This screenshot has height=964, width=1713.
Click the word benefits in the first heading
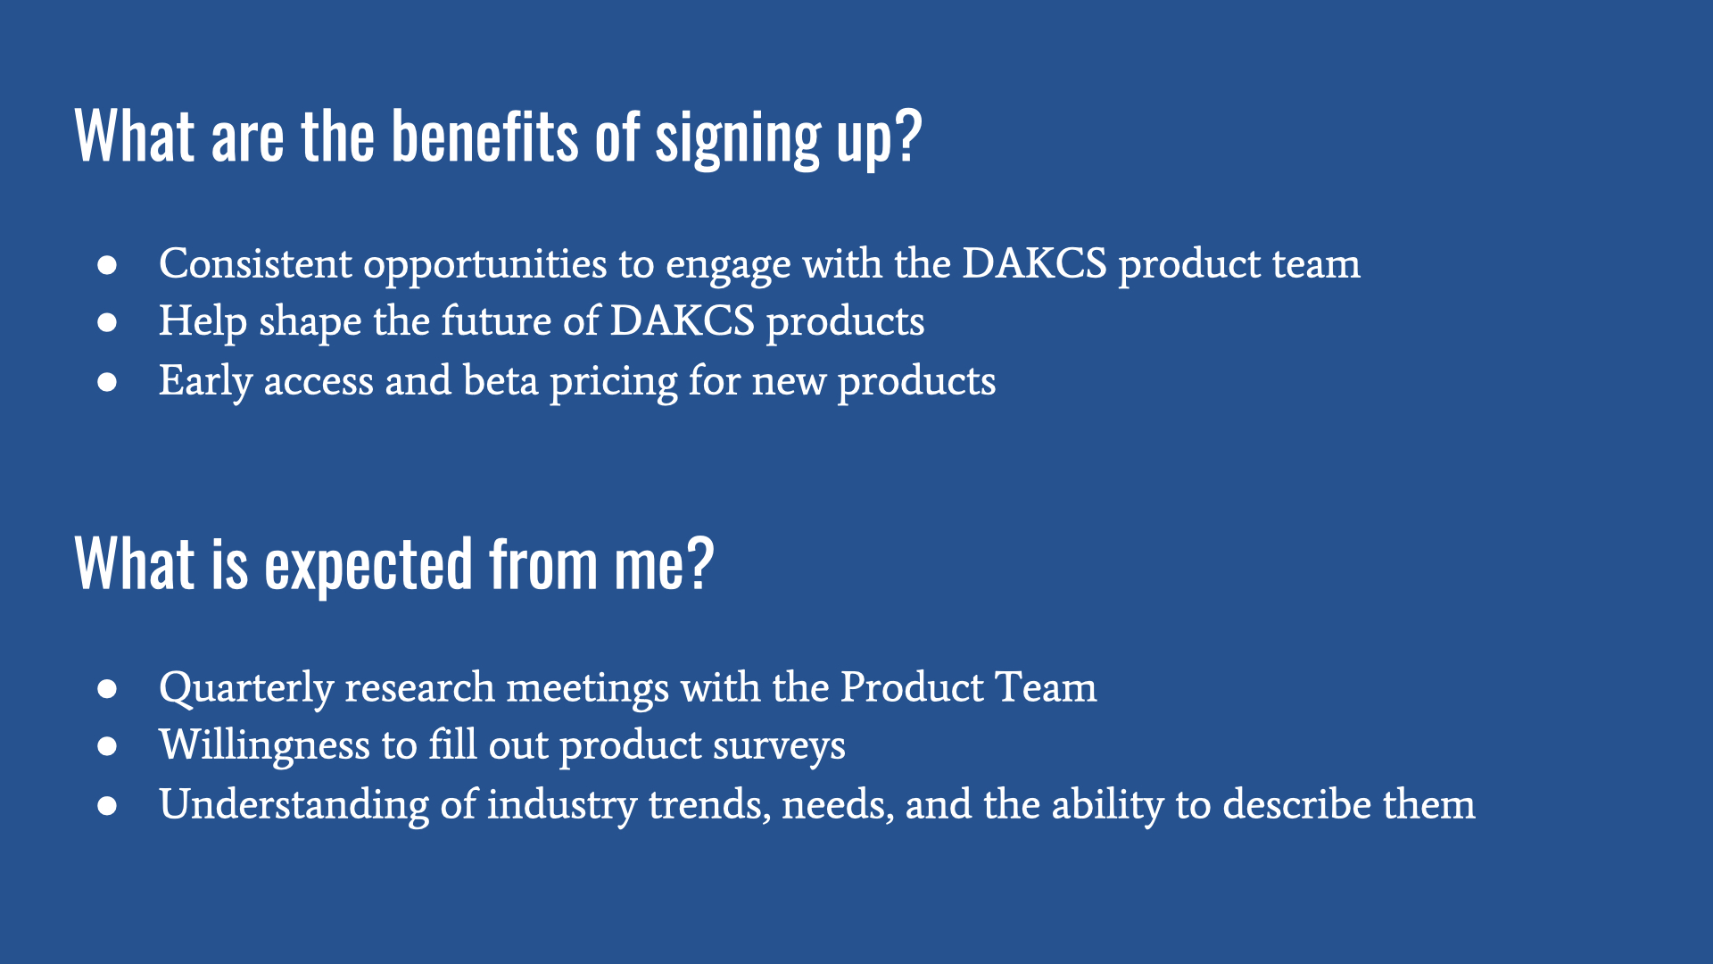(485, 137)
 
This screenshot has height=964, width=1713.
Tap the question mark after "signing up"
(907, 136)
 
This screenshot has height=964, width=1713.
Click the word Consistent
(255, 263)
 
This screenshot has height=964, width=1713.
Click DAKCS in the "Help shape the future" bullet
(683, 321)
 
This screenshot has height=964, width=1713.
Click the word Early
(206, 382)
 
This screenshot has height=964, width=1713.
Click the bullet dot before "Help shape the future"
(108, 323)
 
